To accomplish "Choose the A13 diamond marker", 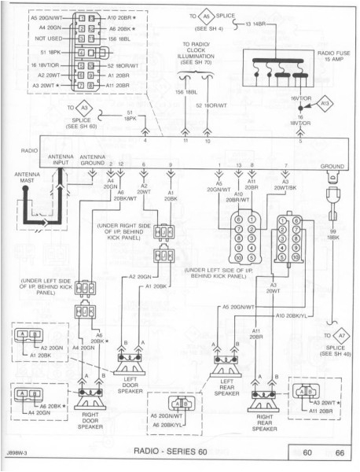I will pyautogui.click(x=325, y=103).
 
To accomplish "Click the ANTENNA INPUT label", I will pyautogui.click(x=61, y=160).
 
